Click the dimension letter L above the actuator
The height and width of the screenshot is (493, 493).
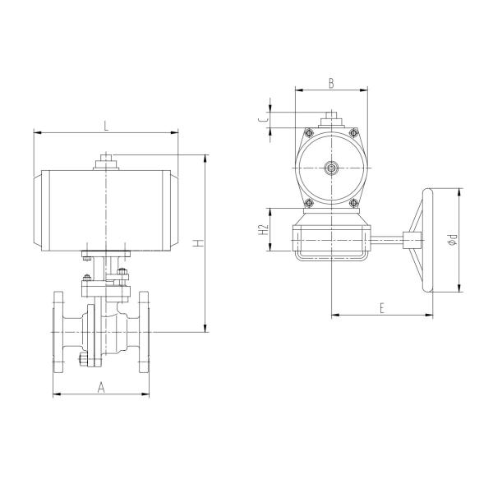point(105,125)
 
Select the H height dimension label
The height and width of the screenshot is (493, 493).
point(197,243)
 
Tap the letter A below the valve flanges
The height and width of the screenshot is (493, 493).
point(101,386)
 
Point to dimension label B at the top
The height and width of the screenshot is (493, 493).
point(330,83)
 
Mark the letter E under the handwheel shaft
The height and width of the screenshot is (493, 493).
point(382,306)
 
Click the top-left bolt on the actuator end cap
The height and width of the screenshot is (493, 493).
point(308,132)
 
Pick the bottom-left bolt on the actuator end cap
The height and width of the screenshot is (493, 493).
point(308,205)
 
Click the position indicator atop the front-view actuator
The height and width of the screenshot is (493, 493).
point(105,161)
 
